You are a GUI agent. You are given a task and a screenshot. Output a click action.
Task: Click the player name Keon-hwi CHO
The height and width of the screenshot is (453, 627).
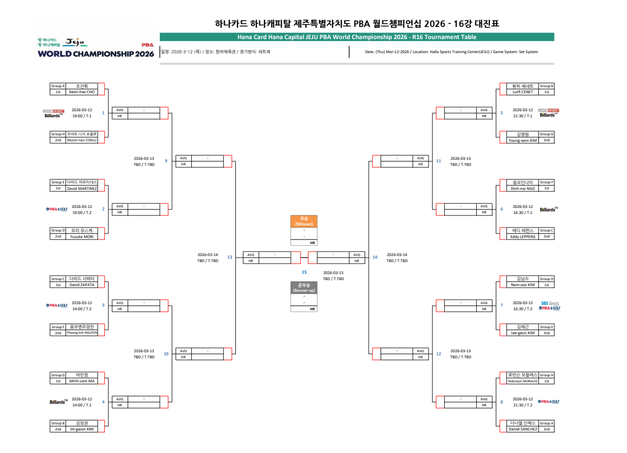coord(82,92)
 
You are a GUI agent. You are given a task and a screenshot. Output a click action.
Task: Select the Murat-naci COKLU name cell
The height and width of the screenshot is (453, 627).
coord(82,140)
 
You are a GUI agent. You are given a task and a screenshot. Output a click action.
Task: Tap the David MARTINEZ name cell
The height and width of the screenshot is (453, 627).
coord(82,188)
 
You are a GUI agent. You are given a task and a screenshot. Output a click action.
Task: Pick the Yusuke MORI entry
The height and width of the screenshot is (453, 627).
coord(82,237)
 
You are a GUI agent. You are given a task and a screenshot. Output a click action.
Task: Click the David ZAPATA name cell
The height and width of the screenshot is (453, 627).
coord(82,285)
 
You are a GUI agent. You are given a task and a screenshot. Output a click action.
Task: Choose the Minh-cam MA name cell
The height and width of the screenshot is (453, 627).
coord(82,381)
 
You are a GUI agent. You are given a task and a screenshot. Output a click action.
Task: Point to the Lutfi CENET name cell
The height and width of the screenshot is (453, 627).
coord(523,92)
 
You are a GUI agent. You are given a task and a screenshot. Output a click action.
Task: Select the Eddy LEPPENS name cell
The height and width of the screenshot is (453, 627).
coord(523,237)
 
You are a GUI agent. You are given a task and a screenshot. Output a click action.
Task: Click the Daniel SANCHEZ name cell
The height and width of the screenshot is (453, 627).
coord(523,429)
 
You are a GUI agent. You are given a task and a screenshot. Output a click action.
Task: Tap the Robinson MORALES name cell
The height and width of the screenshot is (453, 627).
coord(523,381)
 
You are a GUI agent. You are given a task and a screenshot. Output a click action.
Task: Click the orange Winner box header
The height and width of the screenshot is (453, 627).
coord(304,221)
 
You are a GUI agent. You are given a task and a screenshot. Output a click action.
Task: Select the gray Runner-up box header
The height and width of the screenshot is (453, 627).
coord(304,288)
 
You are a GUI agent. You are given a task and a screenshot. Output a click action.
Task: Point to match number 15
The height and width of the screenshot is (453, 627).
coord(304,272)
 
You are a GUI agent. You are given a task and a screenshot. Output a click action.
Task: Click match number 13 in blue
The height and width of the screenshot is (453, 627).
coord(230,257)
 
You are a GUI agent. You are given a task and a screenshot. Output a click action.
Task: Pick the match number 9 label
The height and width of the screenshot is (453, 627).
coord(166,161)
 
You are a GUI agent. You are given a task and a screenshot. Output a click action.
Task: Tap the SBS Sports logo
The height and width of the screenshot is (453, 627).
coord(550,303)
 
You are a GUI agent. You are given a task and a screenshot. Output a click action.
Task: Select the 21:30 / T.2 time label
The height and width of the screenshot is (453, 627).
coord(523,405)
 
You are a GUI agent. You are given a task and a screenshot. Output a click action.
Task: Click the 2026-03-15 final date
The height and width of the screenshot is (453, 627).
coord(334,273)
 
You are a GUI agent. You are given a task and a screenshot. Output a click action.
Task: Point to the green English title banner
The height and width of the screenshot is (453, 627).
coord(357,37)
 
